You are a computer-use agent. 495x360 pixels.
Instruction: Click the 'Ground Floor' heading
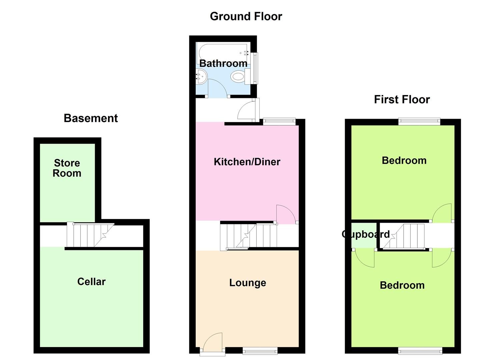point(246,17)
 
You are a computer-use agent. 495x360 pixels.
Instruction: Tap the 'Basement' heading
point(91,118)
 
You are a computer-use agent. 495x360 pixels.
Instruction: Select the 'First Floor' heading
point(402,99)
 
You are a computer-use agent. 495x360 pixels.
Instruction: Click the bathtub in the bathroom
point(223,53)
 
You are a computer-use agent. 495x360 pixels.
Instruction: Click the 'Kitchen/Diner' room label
point(247,162)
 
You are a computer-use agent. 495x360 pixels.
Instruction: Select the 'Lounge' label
point(247,283)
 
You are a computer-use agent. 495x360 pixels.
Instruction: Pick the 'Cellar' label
point(91,282)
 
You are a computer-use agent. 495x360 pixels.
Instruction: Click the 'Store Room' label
point(67,168)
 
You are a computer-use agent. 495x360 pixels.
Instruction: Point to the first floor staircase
point(404,236)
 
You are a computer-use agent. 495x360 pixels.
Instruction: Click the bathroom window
point(255,68)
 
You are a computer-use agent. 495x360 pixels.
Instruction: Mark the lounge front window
point(260,351)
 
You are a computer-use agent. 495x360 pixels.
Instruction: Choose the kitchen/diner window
point(279,122)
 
